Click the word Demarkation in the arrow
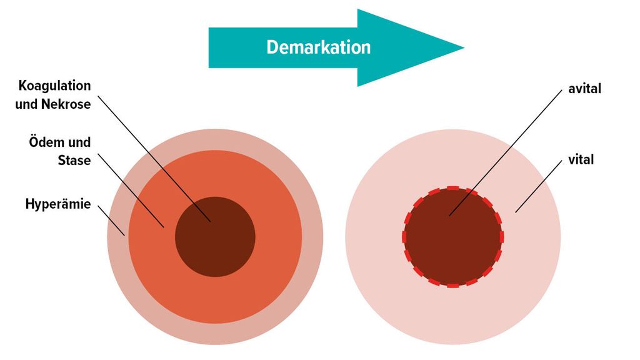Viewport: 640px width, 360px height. (318, 47)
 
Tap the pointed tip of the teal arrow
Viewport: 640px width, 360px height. (464, 47)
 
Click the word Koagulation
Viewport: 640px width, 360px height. (55, 86)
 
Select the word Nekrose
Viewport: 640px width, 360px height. (66, 104)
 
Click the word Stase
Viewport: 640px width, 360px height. (74, 161)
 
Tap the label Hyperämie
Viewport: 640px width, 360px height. (58, 204)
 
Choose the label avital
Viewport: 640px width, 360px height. (584, 89)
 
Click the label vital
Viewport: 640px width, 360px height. (581, 159)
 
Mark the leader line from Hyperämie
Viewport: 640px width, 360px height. (111, 221)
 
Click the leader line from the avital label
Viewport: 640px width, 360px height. (505, 153)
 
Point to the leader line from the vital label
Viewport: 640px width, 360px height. (538, 186)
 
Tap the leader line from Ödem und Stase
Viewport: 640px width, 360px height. (131, 191)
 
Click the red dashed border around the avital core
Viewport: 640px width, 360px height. (453, 187)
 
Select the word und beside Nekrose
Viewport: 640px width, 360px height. (27, 104)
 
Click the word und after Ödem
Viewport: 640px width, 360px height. (79, 142)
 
